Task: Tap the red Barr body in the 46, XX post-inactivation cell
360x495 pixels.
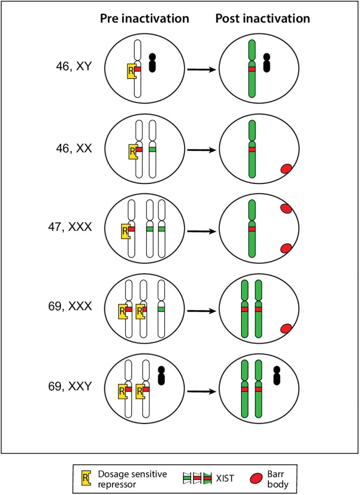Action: coord(287,169)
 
